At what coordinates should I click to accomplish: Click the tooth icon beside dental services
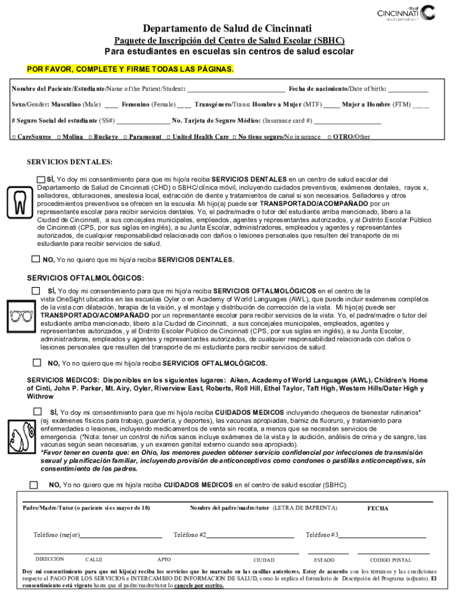click(x=20, y=203)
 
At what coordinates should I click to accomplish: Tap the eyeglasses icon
click(x=22, y=316)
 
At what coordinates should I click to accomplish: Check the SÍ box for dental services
click(x=41, y=180)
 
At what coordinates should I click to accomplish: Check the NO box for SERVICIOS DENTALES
click(x=36, y=259)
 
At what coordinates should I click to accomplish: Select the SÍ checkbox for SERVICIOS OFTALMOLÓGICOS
click(x=36, y=291)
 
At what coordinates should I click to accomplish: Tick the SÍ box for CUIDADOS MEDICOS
click(x=38, y=412)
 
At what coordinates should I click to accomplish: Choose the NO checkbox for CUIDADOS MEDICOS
click(x=33, y=485)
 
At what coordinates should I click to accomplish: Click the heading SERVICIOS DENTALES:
click(x=69, y=162)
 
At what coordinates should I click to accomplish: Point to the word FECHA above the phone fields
click(x=377, y=508)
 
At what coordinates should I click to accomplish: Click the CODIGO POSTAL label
click(x=390, y=560)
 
